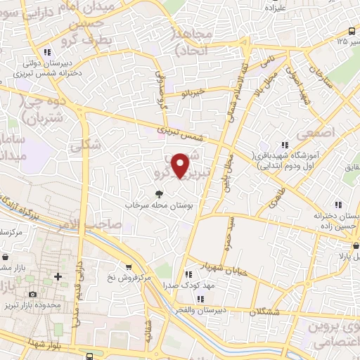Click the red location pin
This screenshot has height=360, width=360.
[181, 165]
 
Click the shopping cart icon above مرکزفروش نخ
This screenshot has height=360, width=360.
[129, 266]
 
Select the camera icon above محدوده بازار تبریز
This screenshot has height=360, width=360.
[32, 294]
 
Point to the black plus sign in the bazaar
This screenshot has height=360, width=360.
[58, 276]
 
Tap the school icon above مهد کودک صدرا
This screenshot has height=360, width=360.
[188, 275]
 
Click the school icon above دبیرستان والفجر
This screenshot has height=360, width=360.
[189, 295]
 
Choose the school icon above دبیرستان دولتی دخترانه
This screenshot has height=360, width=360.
[46, 51]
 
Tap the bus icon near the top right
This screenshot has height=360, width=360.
[352, 31]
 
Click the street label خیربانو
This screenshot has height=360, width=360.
[191, 92]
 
